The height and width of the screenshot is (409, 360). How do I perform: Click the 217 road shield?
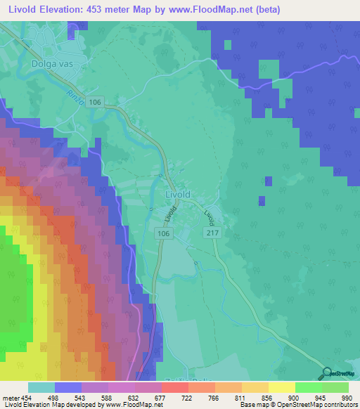pos(211,232)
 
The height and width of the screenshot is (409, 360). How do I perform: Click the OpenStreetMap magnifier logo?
pos(326,374)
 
